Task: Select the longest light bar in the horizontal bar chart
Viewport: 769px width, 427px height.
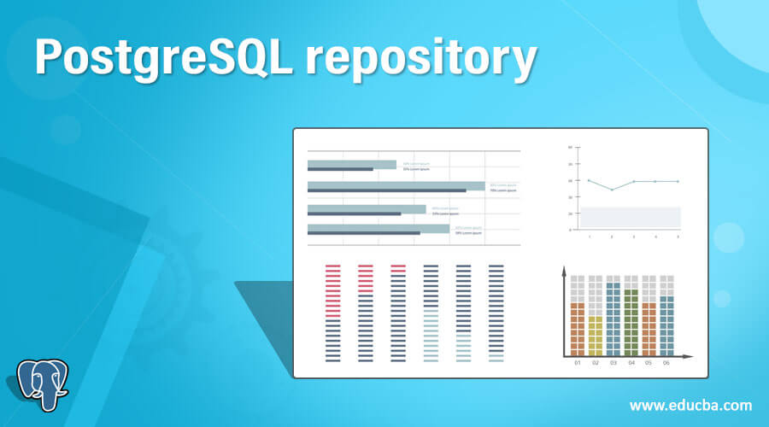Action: click(x=396, y=185)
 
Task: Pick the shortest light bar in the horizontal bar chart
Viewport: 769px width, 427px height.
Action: click(x=352, y=164)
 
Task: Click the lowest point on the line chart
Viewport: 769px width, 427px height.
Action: click(x=612, y=190)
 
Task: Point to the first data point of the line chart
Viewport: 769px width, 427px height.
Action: click(x=589, y=180)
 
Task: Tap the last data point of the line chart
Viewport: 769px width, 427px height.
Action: click(x=678, y=181)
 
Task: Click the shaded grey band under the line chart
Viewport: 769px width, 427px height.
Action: click(x=631, y=217)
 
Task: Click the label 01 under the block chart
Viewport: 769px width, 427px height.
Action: click(x=578, y=364)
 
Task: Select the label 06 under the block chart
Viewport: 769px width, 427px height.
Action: click(x=666, y=364)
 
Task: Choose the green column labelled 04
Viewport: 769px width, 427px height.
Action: click(x=631, y=322)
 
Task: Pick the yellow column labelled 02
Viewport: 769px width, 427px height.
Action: click(x=596, y=335)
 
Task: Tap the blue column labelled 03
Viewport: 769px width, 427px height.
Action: click(x=613, y=319)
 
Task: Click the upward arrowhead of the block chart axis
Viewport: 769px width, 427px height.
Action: click(x=564, y=271)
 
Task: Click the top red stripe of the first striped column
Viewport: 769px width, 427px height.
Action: click(x=333, y=266)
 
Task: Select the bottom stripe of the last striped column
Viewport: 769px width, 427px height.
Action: click(x=496, y=360)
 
